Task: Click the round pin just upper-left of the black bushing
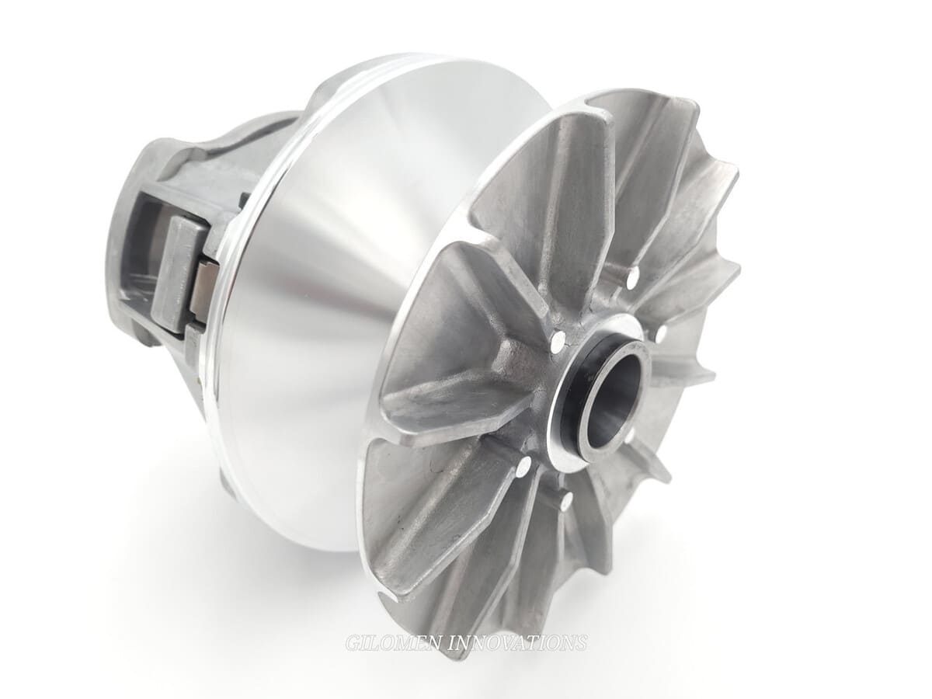point(557,339)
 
